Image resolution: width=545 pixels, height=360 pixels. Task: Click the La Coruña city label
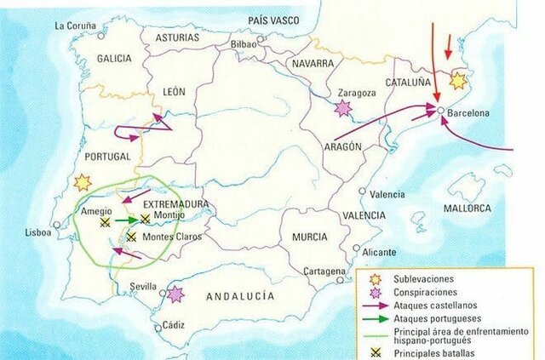pos(74,26)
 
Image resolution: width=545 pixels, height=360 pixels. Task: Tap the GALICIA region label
pos(115,58)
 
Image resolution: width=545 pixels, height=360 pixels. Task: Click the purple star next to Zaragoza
pos(343,108)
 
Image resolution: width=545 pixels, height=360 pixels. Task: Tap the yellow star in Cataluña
pos(458,81)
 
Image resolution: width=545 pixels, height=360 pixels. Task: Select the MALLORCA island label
pos(468,208)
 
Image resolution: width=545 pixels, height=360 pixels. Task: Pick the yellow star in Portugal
pos(83,181)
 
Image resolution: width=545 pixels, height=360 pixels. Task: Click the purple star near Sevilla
pos(176,294)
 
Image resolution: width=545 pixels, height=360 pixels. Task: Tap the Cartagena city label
pos(324,271)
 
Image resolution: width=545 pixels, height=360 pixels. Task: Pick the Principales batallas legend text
pos(436,350)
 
